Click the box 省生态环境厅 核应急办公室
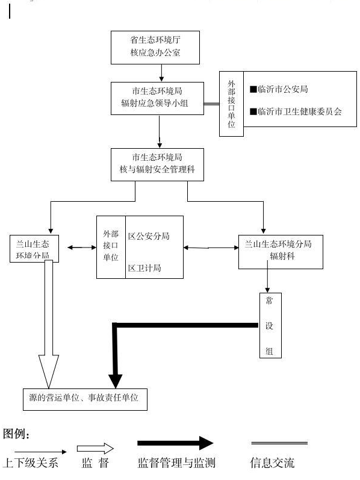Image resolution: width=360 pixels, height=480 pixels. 155,48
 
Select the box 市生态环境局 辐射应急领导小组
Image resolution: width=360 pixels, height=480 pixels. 157,98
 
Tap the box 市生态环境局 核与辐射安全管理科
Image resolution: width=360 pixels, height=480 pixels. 157,164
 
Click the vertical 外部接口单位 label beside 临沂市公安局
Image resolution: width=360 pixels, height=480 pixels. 231,104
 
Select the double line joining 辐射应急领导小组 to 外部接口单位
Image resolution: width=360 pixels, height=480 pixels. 211,104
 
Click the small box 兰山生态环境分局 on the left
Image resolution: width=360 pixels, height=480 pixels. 34,249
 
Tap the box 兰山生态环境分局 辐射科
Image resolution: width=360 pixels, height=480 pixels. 281,252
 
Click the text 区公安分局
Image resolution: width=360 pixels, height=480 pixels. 149,236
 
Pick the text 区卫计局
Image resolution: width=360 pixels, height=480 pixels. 144,268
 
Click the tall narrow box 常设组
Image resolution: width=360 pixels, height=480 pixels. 270,325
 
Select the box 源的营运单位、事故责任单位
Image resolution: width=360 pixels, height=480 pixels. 85,399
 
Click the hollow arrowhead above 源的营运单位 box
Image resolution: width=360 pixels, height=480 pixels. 49,372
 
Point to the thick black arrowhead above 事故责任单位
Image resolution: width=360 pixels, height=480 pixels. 116,381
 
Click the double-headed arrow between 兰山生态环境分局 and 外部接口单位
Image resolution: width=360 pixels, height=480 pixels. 82,248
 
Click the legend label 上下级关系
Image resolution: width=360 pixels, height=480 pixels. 30,463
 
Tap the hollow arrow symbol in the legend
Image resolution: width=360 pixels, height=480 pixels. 95,449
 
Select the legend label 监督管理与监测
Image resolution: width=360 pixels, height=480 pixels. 176,463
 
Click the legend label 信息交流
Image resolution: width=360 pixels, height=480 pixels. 273,463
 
